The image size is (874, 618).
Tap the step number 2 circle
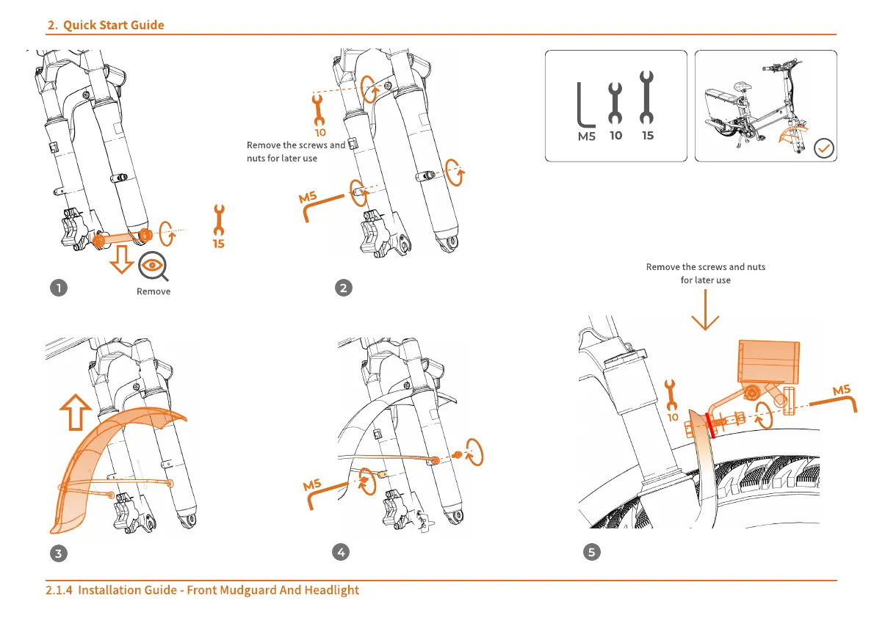[x=343, y=288]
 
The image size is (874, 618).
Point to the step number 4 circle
[x=341, y=553]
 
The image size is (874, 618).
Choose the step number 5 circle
[x=592, y=553]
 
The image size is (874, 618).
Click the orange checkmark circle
[x=825, y=149]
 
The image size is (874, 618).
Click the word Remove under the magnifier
[x=154, y=291]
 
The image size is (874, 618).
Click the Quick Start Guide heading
[x=106, y=26]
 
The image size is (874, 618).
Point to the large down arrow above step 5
[x=704, y=312]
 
